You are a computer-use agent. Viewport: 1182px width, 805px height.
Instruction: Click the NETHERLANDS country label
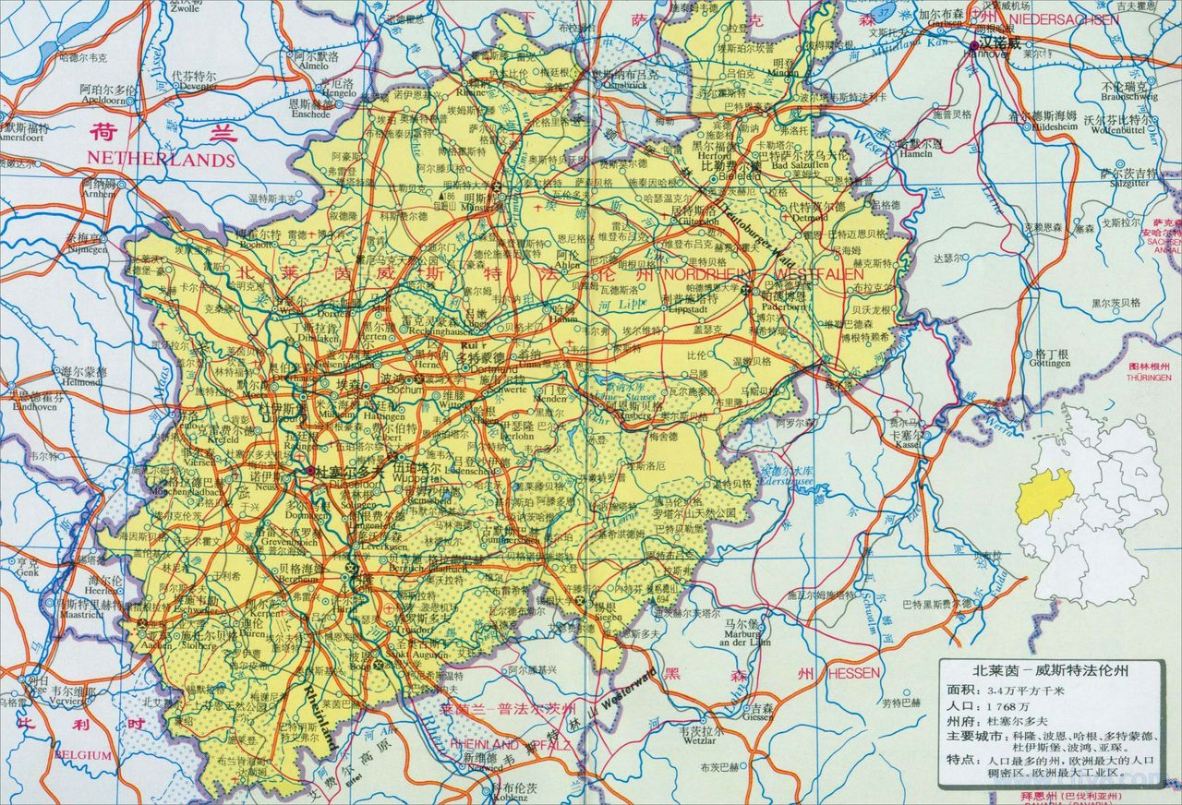(161, 160)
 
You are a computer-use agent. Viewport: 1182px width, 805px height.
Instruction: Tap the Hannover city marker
(975, 44)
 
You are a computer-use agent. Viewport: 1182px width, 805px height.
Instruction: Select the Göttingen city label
(1051, 365)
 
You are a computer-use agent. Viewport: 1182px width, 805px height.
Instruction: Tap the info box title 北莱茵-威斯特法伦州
(1037, 670)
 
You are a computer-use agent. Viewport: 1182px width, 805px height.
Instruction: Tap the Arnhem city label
(98, 194)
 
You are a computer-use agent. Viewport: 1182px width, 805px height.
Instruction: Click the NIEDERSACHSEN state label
(1064, 18)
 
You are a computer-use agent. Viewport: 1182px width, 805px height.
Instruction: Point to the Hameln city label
(917, 154)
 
